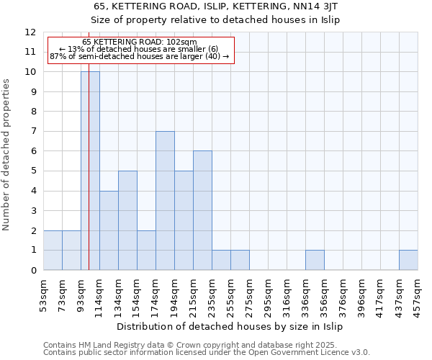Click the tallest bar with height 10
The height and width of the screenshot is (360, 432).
pyautogui.click(x=90, y=171)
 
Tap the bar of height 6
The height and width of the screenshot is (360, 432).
pyautogui.click(x=202, y=210)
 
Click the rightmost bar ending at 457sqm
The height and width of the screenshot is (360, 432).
pyautogui.click(x=408, y=260)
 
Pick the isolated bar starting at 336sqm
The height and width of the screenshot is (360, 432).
pyautogui.click(x=315, y=260)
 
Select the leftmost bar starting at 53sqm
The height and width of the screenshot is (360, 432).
pyautogui.click(x=53, y=250)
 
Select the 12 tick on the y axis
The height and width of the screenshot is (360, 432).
pyautogui.click(x=30, y=32)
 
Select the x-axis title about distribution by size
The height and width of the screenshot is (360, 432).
pyautogui.click(x=230, y=327)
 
